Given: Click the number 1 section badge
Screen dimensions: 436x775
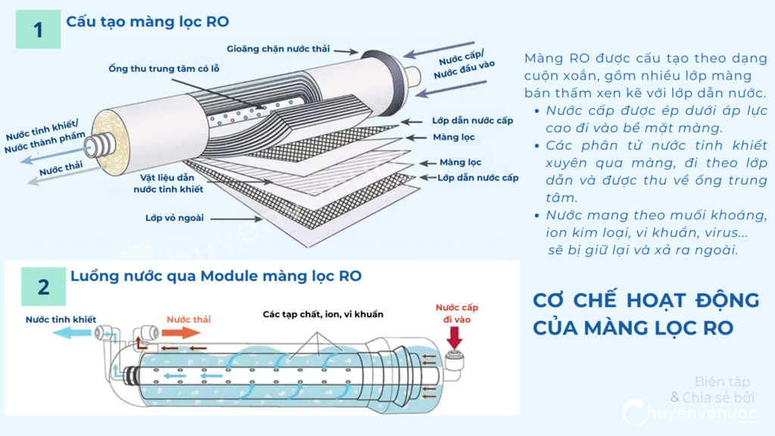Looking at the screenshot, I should (x=38, y=30).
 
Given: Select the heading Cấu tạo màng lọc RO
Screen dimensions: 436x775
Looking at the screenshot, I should (x=147, y=21).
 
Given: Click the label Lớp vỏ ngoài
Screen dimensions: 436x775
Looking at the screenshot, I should (x=174, y=218).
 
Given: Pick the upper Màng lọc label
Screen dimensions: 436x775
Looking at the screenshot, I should (x=453, y=137).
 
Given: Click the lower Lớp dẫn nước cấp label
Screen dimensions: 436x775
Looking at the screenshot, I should (x=478, y=177).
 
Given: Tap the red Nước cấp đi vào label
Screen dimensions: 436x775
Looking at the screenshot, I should (x=456, y=313).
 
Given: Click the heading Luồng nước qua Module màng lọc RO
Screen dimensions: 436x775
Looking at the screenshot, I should (x=216, y=276).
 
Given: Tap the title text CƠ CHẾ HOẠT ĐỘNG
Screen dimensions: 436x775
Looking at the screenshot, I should (x=646, y=301).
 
